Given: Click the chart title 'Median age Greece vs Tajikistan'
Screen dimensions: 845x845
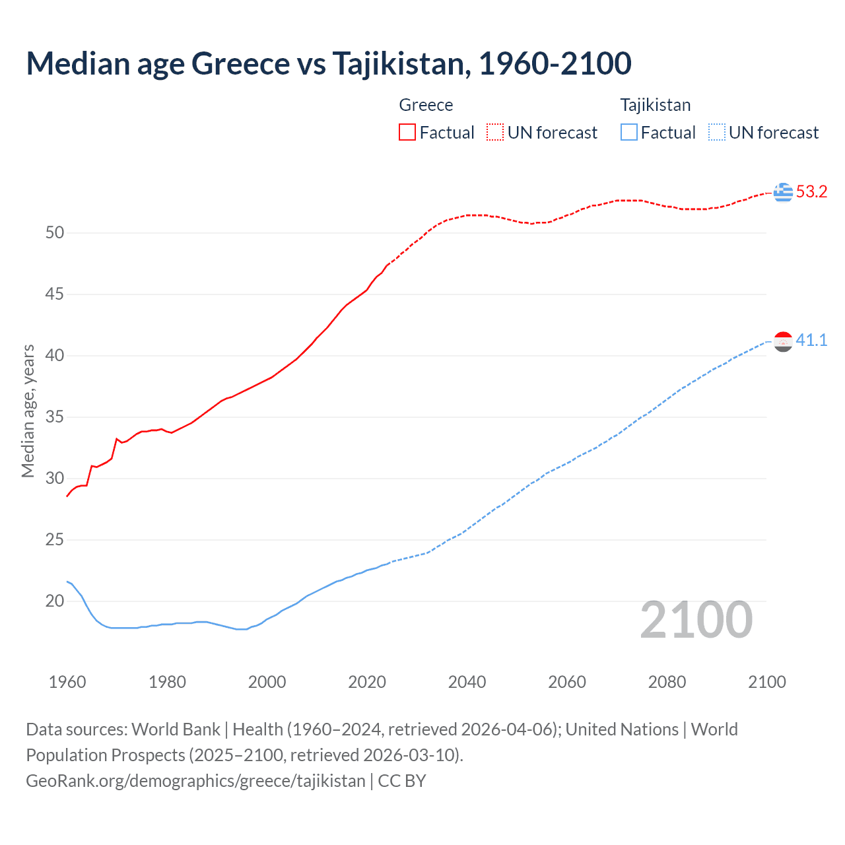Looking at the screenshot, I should pos(328,63).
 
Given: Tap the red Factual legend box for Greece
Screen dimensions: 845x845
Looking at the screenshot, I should pos(407,132).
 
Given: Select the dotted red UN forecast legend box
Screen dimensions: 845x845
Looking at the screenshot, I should pos(495,132).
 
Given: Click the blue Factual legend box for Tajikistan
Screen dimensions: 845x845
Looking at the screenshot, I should pos(628,132).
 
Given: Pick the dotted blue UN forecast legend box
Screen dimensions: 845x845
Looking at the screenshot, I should pos(716,132).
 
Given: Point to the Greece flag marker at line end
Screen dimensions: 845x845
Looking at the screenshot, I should pos(783,192).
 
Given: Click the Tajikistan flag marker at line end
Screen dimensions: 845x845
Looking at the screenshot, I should pos(783,341).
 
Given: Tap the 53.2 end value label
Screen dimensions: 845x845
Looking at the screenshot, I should pos(811,192).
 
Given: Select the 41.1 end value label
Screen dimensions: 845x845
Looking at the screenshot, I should pos(811,341).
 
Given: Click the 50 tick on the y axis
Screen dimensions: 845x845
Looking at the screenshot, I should pos(55,233).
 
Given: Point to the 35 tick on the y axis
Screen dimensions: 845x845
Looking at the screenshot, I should pos(55,417).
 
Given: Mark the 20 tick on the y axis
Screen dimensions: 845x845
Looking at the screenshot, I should pos(55,601).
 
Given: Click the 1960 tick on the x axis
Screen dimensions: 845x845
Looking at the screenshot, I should pos(67,682).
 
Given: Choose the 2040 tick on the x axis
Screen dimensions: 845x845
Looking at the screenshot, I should pos(467,682).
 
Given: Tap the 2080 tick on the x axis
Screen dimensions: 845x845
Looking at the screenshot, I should pos(667,682).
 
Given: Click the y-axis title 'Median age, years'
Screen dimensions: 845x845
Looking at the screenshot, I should pos(28,411).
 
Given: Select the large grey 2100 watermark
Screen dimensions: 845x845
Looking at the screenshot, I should pos(696,619).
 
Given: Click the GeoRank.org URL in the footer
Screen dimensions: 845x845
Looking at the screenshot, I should pos(195,781).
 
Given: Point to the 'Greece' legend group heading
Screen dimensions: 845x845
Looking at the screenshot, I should pos(426,105).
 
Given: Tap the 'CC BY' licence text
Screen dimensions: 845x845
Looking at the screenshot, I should pos(402,781).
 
